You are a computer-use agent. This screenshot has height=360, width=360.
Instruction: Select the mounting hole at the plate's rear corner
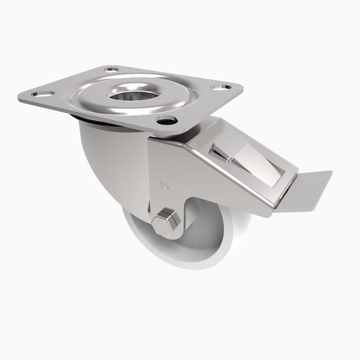110,70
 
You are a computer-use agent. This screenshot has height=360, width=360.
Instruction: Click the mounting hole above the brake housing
166,119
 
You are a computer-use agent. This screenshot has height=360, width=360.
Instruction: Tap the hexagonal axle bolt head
165,221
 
